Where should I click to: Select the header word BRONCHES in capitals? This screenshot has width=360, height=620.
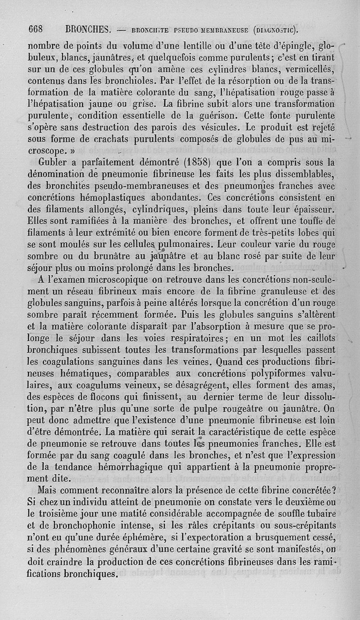[88, 30]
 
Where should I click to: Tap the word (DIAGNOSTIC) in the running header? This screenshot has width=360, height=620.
[275, 31]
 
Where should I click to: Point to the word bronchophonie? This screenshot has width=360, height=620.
[76, 525]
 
